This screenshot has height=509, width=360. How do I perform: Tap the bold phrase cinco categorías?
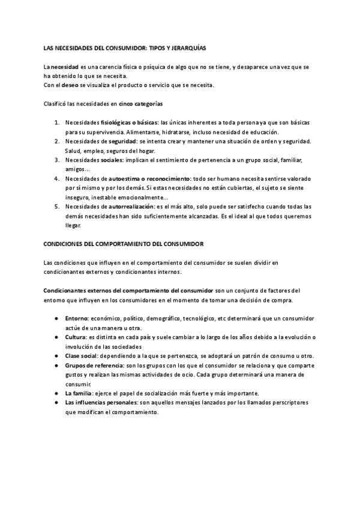140,103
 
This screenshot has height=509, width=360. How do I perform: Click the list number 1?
56,123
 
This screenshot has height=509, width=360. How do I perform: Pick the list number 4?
56,178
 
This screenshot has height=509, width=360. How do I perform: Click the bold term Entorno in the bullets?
76,318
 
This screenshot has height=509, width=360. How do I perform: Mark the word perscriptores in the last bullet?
288,402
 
